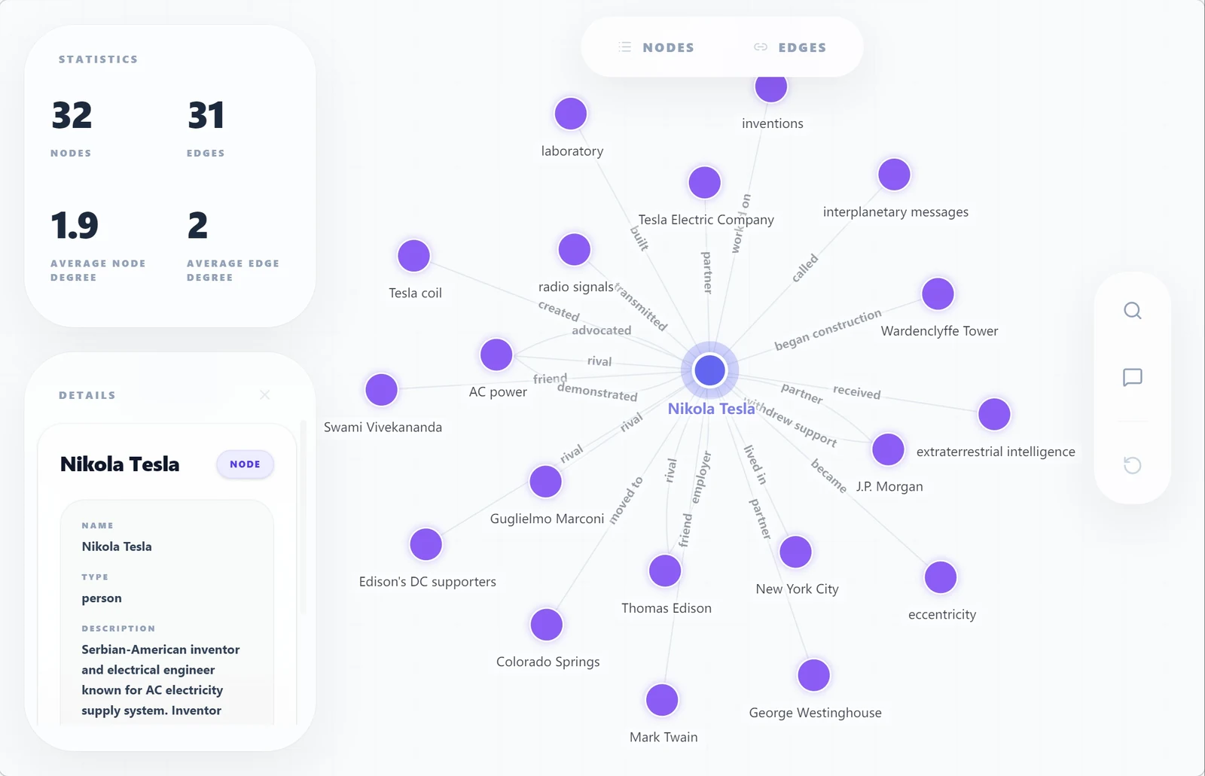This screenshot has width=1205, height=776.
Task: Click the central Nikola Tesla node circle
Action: (x=709, y=370)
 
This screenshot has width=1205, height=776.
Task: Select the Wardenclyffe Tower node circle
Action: (x=938, y=294)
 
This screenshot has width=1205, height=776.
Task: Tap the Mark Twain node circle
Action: (x=662, y=700)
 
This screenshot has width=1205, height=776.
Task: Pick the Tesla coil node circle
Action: (x=413, y=255)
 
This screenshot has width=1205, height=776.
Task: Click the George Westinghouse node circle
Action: (x=813, y=675)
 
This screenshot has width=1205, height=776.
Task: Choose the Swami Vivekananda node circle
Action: (x=381, y=389)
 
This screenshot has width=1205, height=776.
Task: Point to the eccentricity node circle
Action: (x=941, y=577)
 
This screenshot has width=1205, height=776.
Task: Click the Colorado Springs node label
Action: (x=548, y=662)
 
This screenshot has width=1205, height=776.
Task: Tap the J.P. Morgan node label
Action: (x=889, y=486)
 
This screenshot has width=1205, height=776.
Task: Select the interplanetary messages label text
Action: (x=895, y=212)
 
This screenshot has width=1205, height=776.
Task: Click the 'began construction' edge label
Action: (x=828, y=330)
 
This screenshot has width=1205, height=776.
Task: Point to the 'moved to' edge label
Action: (x=626, y=500)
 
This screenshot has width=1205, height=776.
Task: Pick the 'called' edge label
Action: (x=805, y=268)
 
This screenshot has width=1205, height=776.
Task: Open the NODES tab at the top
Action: (x=656, y=47)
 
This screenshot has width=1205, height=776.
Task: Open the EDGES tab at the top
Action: (x=790, y=47)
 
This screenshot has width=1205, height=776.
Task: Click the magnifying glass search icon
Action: (x=1133, y=311)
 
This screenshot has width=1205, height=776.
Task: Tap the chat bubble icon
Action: (x=1133, y=378)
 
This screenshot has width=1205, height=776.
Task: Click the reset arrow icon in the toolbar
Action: (x=1133, y=464)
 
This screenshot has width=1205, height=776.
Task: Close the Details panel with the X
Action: (x=264, y=395)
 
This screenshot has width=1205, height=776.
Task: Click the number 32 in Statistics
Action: (x=72, y=115)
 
